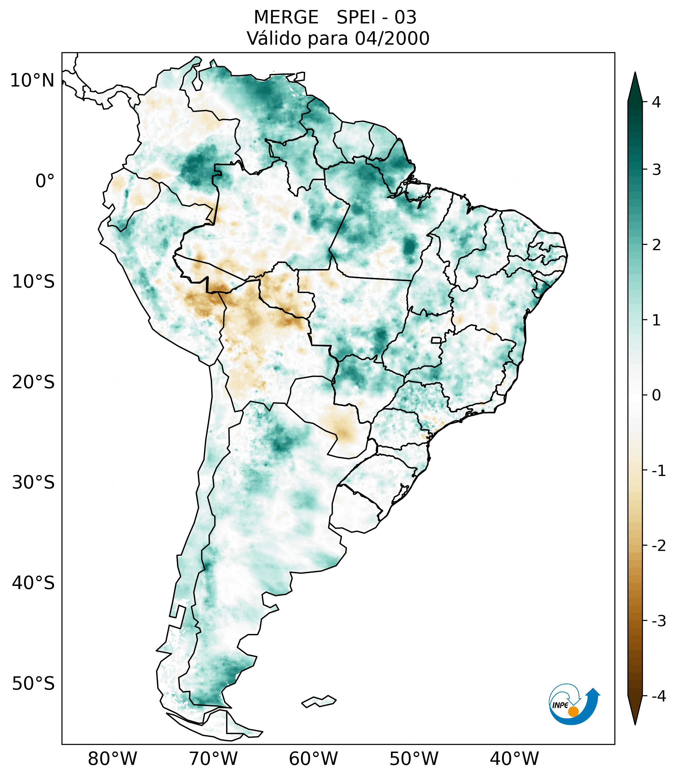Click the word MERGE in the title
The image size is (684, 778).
pos(286,17)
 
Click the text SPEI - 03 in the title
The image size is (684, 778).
pos(376,17)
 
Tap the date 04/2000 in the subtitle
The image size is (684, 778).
pos(392,38)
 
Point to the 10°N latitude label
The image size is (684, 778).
pos(32,81)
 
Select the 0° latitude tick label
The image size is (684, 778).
pos(45,181)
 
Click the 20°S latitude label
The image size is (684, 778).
pos(33,382)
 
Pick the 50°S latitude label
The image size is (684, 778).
pos(33,684)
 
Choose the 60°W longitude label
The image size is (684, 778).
pos(313,759)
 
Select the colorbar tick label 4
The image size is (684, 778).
pos(656,102)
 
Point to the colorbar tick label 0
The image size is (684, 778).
pos(656,395)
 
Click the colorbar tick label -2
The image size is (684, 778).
pos(658,546)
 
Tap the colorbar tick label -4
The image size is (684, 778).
pos(658,696)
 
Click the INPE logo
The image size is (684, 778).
pos(574,704)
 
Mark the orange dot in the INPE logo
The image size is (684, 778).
pos(573,711)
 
